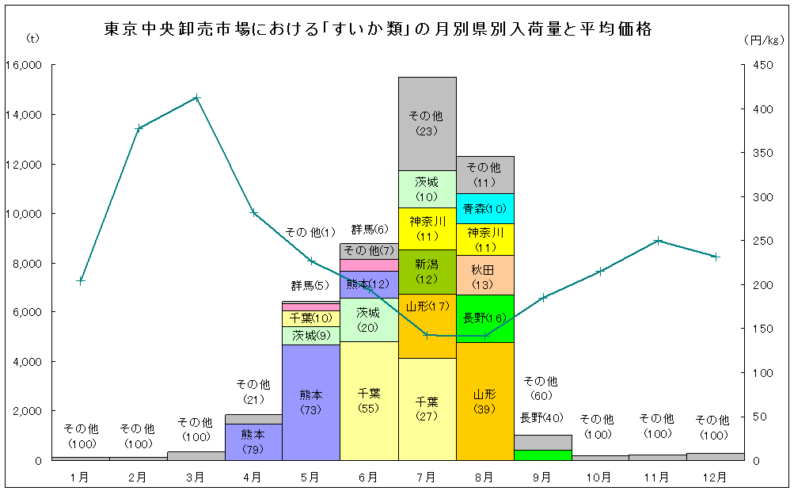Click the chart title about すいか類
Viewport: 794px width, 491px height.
tap(378, 30)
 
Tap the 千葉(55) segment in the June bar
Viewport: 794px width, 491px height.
tap(369, 400)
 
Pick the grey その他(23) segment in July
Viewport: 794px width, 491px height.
tap(427, 123)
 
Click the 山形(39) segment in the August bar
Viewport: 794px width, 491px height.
tap(484, 401)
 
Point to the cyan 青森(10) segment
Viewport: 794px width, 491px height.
tap(484, 209)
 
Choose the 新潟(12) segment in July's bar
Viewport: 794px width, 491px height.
tap(427, 271)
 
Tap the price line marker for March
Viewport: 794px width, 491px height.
tap(196, 98)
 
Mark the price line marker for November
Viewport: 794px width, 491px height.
tap(658, 240)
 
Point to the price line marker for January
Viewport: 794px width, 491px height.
tap(80, 280)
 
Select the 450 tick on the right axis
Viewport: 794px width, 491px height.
tap(761, 65)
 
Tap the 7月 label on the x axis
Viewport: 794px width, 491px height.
tap(427, 477)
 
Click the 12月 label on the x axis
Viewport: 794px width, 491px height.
tap(716, 477)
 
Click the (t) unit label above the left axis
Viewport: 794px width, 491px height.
tap(33, 38)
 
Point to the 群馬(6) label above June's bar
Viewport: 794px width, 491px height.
tap(369, 230)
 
